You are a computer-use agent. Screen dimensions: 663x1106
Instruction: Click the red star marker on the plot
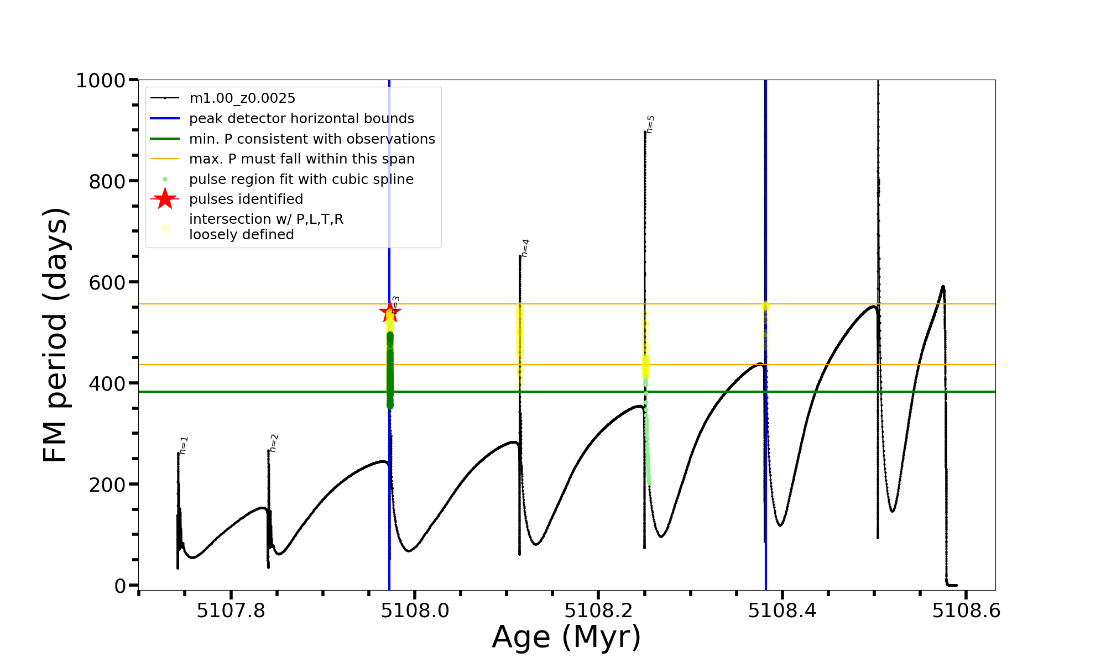tap(390, 312)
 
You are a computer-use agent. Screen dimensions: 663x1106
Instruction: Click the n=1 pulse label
tap(184, 445)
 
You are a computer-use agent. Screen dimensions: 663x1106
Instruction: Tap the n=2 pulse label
tap(274, 443)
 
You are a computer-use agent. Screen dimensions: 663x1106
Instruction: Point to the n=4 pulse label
tap(525, 248)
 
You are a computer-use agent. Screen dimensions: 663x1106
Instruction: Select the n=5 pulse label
tap(650, 124)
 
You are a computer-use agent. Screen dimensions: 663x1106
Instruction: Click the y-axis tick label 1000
tap(101, 81)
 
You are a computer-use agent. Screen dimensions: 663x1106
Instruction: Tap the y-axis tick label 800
tap(107, 181)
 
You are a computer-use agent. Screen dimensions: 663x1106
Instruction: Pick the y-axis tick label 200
tap(107, 485)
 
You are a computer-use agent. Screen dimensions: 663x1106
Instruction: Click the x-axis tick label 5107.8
tap(231, 611)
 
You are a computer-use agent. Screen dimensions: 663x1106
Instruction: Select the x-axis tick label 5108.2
tap(598, 611)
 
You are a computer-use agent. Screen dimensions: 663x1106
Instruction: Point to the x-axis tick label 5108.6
tap(966, 611)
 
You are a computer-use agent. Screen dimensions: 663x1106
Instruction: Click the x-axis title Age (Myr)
tap(566, 637)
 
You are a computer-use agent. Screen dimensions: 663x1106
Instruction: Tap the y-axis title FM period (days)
tap(56, 335)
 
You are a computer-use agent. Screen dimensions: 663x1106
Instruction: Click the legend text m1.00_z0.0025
tap(242, 98)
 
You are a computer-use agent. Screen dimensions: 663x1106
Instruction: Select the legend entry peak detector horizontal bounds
tap(301, 119)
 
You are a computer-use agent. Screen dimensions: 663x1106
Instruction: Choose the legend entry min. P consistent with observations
tap(312, 139)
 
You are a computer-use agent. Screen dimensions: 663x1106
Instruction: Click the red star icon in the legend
tap(165, 199)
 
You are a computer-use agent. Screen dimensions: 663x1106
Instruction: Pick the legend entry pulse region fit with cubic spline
tap(301, 180)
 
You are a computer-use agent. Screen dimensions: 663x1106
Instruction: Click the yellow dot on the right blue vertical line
tap(765, 306)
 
